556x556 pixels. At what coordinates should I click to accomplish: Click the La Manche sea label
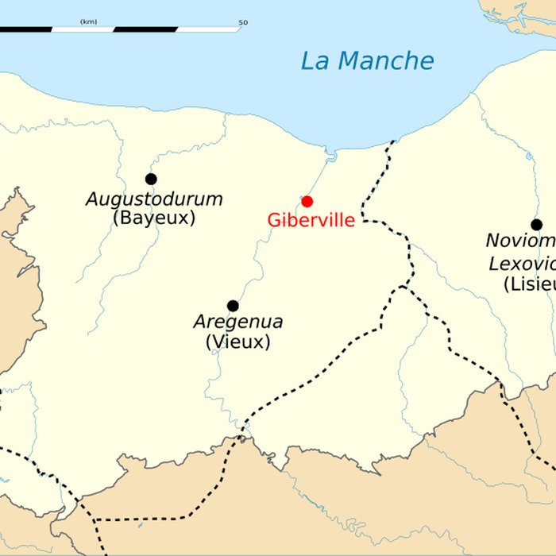(x=367, y=61)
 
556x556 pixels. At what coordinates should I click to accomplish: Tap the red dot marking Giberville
(x=307, y=202)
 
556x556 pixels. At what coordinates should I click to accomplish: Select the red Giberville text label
(x=311, y=221)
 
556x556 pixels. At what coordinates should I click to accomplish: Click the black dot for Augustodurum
(x=151, y=179)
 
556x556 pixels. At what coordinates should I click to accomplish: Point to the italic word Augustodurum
(x=154, y=199)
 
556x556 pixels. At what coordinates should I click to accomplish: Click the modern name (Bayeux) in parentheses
(x=154, y=218)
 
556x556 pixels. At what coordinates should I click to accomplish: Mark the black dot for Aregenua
(x=233, y=306)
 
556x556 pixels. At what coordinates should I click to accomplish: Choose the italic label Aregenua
(x=238, y=322)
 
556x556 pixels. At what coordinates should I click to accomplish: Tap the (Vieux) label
(x=238, y=342)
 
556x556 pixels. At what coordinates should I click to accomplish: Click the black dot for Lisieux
(x=536, y=225)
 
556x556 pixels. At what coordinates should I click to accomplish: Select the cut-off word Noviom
(x=521, y=241)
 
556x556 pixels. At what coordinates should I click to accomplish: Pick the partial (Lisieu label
(x=529, y=284)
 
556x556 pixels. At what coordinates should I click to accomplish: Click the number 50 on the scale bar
(x=242, y=22)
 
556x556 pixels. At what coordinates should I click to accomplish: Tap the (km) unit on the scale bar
(x=88, y=21)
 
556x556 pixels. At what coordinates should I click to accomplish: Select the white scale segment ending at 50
(x=208, y=29)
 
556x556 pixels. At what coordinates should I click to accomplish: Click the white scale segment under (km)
(x=83, y=29)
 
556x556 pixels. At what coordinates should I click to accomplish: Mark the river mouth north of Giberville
(x=331, y=155)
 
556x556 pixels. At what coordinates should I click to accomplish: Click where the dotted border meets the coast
(x=393, y=142)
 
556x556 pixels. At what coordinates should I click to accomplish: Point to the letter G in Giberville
(x=274, y=221)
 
